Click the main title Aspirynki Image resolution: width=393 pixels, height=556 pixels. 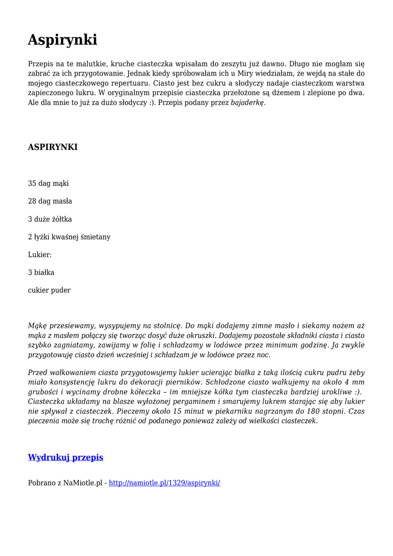point(62,40)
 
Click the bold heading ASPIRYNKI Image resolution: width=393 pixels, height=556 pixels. point(53,147)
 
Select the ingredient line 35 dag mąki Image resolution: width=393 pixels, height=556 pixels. point(48,184)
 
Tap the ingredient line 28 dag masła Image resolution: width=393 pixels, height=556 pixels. point(50,201)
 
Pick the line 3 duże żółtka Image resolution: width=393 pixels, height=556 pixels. point(50,219)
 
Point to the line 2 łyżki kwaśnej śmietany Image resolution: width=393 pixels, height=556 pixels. point(69,237)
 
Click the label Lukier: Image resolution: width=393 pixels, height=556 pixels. point(40,255)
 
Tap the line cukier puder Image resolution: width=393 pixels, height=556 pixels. point(49,290)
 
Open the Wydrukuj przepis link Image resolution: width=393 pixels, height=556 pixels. point(65,458)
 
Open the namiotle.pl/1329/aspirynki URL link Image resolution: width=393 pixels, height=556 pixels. point(164,483)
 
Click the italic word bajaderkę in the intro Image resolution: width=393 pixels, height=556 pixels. point(248,103)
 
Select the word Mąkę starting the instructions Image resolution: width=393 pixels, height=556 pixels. point(37,326)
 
